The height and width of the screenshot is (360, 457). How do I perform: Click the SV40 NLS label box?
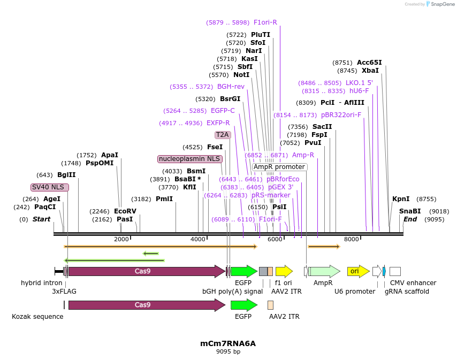(50, 187)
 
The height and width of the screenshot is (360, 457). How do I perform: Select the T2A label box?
(223, 135)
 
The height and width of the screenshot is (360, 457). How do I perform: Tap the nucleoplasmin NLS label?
(190, 159)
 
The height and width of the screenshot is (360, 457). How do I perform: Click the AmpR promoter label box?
(279, 167)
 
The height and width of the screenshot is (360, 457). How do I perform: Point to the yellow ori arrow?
(358, 271)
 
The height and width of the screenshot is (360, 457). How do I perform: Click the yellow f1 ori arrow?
(284, 271)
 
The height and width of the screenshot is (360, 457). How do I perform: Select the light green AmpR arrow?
(324, 271)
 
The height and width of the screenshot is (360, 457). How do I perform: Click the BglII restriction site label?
(66, 175)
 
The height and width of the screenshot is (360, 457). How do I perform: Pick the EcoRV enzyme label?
(125, 211)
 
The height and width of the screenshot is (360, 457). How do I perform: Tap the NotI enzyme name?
(241, 75)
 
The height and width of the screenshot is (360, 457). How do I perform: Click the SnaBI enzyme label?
(410, 211)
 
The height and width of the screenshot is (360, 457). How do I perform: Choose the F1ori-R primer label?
(265, 22)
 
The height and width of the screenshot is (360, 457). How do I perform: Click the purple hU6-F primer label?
(359, 91)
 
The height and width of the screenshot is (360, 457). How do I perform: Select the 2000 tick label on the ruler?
(121, 239)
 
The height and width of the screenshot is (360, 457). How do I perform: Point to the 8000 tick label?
(352, 239)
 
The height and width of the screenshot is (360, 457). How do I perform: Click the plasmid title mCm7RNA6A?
(228, 344)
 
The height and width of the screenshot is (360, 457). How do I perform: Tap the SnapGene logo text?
(443, 4)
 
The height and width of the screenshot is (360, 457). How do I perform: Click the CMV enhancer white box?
(395, 271)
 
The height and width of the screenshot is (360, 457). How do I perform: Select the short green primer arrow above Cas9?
(151, 254)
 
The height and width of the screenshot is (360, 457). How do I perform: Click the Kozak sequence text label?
(37, 317)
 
